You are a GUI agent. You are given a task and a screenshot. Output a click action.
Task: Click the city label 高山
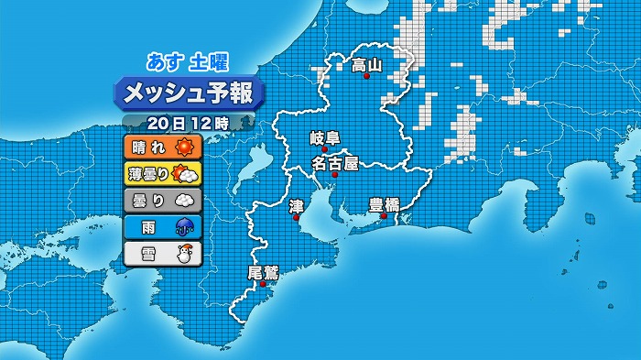coord(367,65)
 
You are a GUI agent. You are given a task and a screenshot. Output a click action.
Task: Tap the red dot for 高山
coord(367,78)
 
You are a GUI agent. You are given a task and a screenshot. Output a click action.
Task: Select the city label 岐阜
coord(325,138)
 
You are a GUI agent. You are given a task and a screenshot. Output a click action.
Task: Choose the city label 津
coord(296,206)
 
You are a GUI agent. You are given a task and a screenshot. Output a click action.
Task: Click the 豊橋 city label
coord(384,204)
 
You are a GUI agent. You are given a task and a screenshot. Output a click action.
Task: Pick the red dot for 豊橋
coord(384,217)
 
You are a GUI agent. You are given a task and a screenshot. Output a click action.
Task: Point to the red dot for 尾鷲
coord(263,284)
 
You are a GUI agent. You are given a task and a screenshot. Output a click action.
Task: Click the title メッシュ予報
coord(189,93)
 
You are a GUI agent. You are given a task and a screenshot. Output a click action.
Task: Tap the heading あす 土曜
coord(189,62)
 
